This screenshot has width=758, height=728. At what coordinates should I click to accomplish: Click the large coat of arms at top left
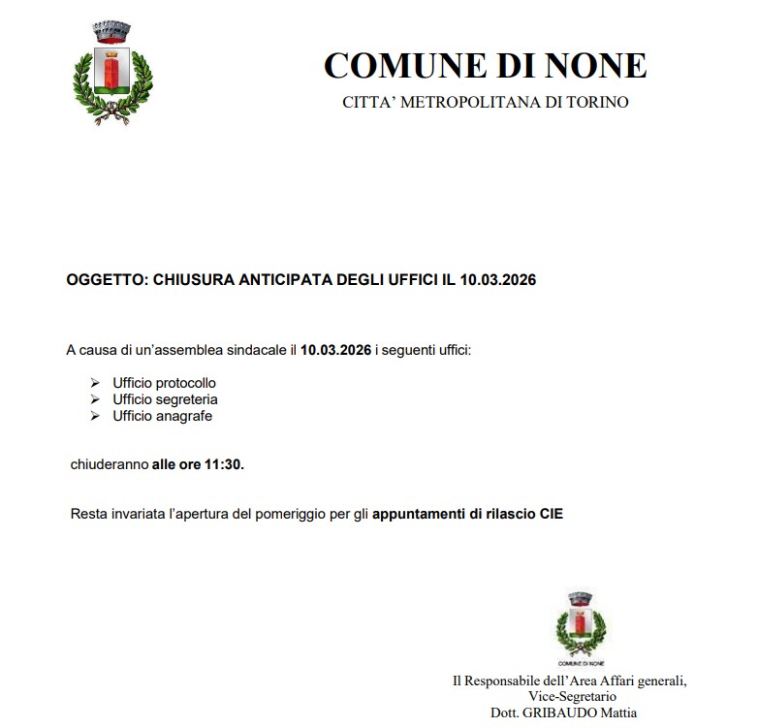pos(113,72)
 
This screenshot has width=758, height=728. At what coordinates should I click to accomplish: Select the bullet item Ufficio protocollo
pos(164,383)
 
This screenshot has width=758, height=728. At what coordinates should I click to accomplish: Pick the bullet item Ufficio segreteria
pos(165,399)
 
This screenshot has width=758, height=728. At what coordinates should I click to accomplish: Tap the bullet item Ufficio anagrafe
pos(162,416)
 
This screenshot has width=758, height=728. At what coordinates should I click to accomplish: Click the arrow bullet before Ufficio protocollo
pos(95,383)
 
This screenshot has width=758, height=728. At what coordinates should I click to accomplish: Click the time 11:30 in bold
pos(223,464)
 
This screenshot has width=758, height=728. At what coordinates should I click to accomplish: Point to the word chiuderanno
pos(110,464)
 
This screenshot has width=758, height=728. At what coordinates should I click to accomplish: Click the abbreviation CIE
pos(551,514)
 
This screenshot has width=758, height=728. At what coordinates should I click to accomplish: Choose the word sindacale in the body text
pos(256,348)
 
